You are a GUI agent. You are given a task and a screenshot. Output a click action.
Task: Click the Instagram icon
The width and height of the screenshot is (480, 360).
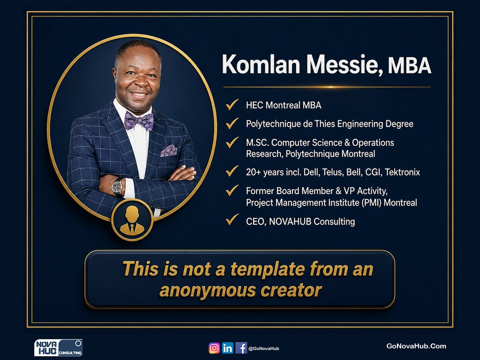point(214,348)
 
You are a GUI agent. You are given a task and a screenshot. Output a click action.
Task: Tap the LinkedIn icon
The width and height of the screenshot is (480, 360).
point(227,348)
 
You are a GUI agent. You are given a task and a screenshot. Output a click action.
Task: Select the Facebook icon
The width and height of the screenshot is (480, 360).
point(241,348)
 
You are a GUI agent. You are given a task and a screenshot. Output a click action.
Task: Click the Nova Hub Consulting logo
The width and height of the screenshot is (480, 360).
point(58,348)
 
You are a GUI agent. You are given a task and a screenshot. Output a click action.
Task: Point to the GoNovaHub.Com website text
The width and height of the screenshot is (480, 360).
point(416,346)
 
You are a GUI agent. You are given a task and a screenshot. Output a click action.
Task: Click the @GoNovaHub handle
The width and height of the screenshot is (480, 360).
point(264,349)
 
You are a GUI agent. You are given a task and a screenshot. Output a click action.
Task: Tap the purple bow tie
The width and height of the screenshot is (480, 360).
point(139,121)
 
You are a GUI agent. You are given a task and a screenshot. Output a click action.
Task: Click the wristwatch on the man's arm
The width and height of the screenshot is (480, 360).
point(117,186)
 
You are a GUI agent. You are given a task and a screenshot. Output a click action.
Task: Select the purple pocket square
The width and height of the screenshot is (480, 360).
point(169,150)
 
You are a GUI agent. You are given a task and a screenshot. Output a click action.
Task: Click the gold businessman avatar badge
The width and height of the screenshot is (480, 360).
point(132,220)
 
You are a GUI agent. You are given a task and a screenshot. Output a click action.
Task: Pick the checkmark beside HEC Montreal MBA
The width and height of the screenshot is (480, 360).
point(232,105)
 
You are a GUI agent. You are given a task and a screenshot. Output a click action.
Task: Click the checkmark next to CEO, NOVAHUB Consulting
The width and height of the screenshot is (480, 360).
point(232,220)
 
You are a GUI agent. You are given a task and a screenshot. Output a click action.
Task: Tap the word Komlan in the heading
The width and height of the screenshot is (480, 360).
point(261,64)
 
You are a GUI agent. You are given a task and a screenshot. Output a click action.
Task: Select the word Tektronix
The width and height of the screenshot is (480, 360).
point(402,172)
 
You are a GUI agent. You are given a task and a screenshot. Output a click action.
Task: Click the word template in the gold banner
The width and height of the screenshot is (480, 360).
point(267,269)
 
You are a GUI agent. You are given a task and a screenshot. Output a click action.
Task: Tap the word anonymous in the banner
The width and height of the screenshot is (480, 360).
point(208,290)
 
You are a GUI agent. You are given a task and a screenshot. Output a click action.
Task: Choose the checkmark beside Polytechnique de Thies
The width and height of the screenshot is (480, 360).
point(232,123)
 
